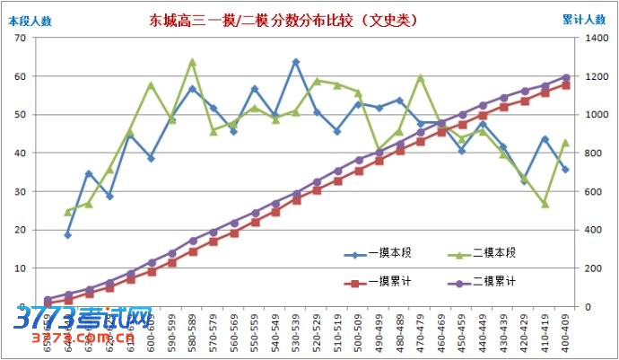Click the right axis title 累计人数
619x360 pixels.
pyautogui.click(x=584, y=19)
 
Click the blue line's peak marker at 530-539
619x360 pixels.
pyautogui.click(x=296, y=62)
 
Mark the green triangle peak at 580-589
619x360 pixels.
pyautogui.click(x=192, y=62)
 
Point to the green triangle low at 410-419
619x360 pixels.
pyautogui.click(x=545, y=204)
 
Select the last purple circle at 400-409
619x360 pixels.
pyautogui.click(x=566, y=77)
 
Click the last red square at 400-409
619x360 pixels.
pyautogui.click(x=566, y=84)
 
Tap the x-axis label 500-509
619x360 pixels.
pyautogui.click(x=359, y=331)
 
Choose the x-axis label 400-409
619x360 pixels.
pyautogui.click(x=566, y=331)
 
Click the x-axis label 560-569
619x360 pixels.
pyautogui.click(x=234, y=331)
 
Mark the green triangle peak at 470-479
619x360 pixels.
pyautogui.click(x=420, y=78)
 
